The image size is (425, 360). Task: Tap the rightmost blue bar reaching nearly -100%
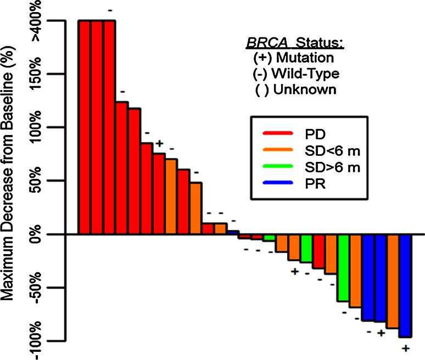coord(405,285)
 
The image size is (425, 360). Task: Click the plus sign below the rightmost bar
coord(405,348)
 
